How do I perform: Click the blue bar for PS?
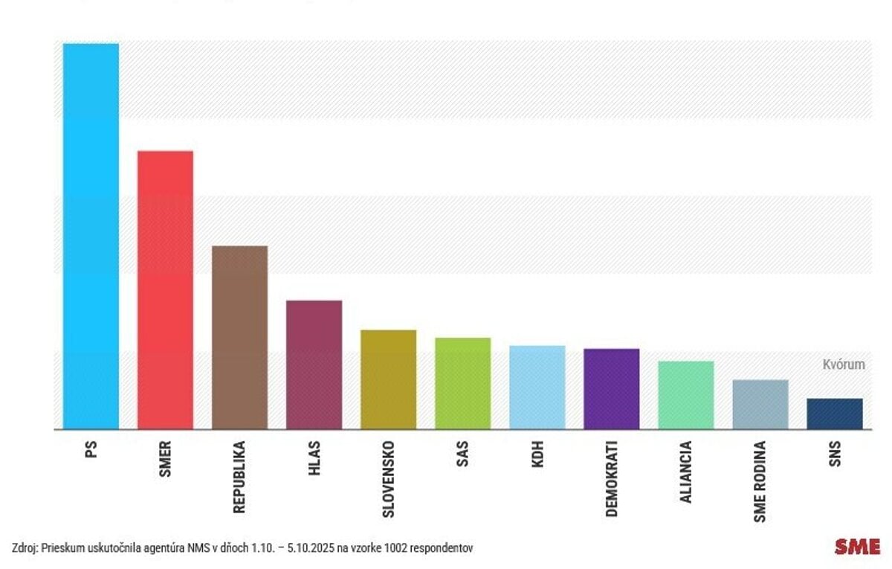pyautogui.click(x=91, y=236)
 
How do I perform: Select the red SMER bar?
pyautogui.click(x=165, y=290)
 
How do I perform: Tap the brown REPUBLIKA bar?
pyautogui.click(x=239, y=337)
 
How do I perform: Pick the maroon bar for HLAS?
pyautogui.click(x=314, y=364)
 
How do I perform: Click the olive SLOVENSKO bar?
pyautogui.click(x=388, y=379)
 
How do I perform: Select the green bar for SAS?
pyautogui.click(x=462, y=383)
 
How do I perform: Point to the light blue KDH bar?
pyautogui.click(x=537, y=388)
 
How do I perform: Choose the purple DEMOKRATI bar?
pyautogui.click(x=611, y=389)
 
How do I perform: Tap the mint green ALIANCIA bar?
pyautogui.click(x=685, y=395)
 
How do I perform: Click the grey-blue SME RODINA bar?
pyautogui.click(x=760, y=405)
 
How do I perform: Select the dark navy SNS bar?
pyautogui.click(x=834, y=414)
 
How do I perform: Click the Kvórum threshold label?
pyautogui.click(x=843, y=364)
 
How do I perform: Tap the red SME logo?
pyautogui.click(x=856, y=547)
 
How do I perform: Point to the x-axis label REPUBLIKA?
pyautogui.click(x=239, y=477)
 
